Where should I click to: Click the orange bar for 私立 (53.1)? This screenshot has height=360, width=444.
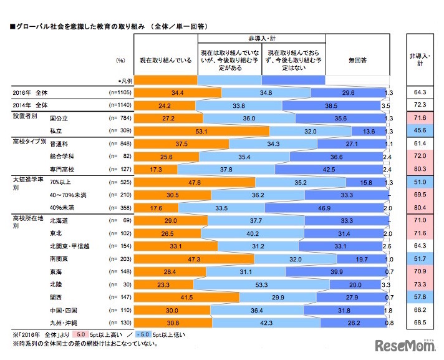(x=201, y=131)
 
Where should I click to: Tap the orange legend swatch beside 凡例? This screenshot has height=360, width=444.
(x=165, y=80)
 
